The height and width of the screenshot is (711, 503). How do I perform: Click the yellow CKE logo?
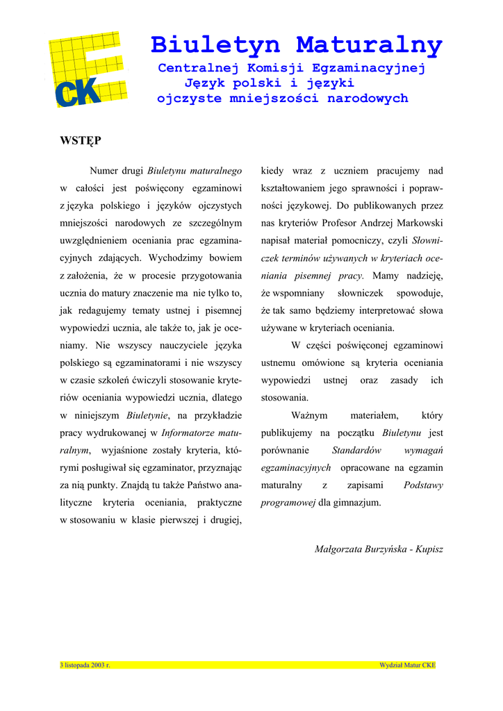pyautogui.click(x=86, y=69)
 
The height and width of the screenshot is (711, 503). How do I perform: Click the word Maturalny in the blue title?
pyautogui.click(x=369, y=45)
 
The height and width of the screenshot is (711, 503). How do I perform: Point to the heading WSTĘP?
pyautogui.click(x=81, y=141)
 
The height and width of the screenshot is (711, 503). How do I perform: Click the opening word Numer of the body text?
pyautogui.click(x=104, y=171)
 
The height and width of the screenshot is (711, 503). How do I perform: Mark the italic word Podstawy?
pyautogui.click(x=422, y=485)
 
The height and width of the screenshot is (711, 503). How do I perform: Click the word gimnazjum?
pyautogui.click(x=358, y=503)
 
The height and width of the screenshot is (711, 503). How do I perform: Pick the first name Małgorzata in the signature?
pyautogui.click(x=338, y=549)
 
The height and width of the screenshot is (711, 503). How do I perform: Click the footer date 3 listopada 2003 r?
pyautogui.click(x=85, y=665)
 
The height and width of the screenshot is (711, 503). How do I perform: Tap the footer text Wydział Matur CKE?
pyautogui.click(x=407, y=665)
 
